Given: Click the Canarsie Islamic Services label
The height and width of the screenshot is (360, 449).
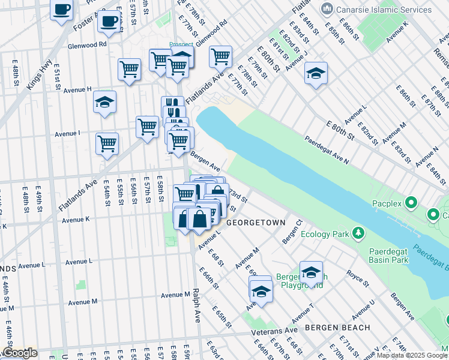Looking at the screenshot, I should click(x=384, y=10).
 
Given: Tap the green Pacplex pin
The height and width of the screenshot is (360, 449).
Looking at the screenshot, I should click(x=411, y=203).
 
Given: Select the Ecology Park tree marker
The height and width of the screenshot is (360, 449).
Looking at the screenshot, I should click(x=358, y=232).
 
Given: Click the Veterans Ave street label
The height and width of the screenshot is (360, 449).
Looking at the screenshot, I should click(x=274, y=330).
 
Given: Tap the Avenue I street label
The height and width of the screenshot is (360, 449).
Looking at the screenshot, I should click(x=67, y=134).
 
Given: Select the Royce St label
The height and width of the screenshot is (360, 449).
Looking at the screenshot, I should click(x=358, y=275).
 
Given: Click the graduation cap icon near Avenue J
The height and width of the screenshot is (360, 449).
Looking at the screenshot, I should click(x=316, y=73).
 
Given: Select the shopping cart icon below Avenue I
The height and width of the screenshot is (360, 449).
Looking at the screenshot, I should click(x=107, y=143).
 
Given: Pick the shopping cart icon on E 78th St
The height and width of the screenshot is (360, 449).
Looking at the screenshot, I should click(x=220, y=56).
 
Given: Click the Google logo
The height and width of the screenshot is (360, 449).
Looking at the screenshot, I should click(x=20, y=353).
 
